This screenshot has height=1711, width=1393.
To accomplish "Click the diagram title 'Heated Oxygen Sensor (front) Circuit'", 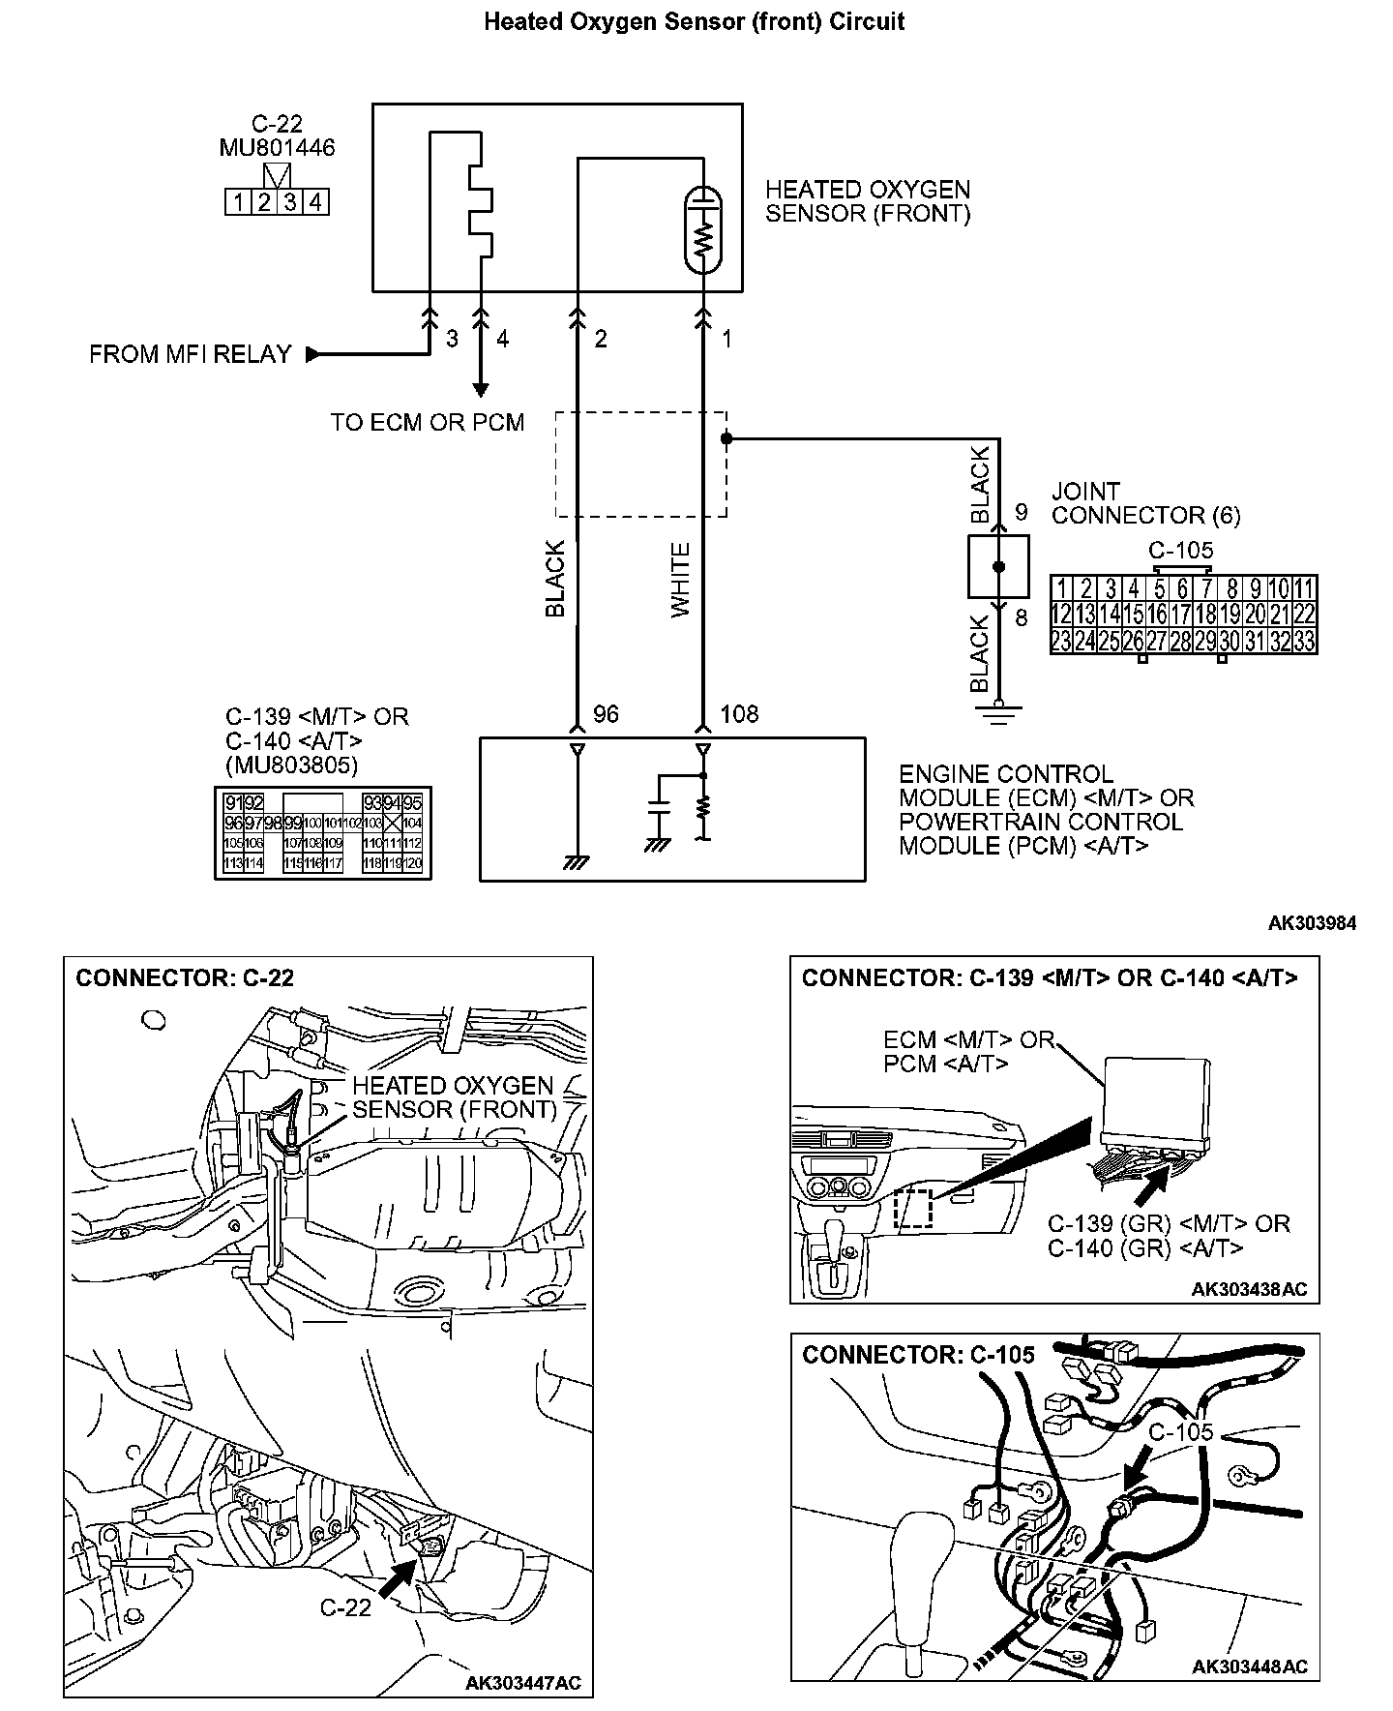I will pyautogui.click(x=694, y=22).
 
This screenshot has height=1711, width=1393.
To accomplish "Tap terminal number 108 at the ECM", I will pyautogui.click(x=739, y=714).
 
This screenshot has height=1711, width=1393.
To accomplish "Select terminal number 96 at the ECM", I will pyautogui.click(x=606, y=714).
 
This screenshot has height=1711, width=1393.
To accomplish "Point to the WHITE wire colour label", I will pyautogui.click(x=681, y=581).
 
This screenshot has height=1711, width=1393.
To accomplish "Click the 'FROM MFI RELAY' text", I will pyautogui.click(x=191, y=354).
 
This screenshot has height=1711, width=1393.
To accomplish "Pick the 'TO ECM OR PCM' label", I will pyautogui.click(x=427, y=423).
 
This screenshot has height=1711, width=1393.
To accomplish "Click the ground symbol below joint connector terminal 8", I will pyautogui.click(x=999, y=714).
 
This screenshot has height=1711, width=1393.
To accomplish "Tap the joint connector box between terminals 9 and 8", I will pyautogui.click(x=998, y=567).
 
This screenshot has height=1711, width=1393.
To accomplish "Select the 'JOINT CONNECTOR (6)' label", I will pyautogui.click(x=1145, y=503).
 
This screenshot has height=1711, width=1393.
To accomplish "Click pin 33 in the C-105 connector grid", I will pyautogui.click(x=1304, y=641).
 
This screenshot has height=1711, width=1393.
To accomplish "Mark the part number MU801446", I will pyautogui.click(x=277, y=148).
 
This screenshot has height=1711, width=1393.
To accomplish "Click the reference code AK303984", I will pyautogui.click(x=1312, y=923).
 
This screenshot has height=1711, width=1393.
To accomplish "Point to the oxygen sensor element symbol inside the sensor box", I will pyautogui.click(x=703, y=230).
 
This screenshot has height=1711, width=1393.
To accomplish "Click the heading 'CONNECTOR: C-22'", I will pyautogui.click(x=185, y=977).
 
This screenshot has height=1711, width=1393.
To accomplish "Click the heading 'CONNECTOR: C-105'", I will pyautogui.click(x=918, y=1354).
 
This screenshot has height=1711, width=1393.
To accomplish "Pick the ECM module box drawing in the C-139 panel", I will pyautogui.click(x=1156, y=1100).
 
